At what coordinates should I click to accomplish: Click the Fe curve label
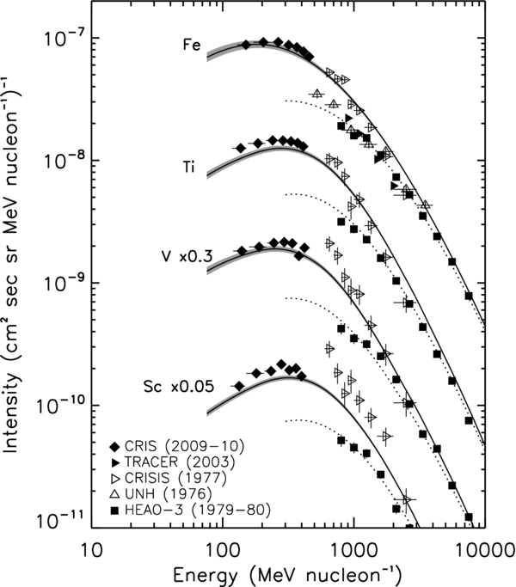[x=191, y=45]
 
